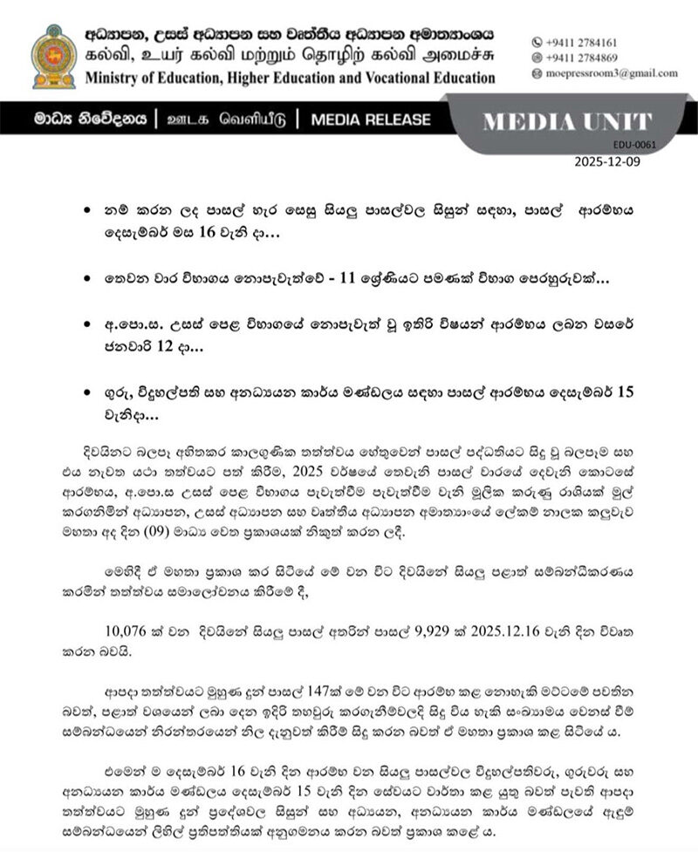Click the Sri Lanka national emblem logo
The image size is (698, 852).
53,56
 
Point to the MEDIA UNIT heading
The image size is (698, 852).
567,122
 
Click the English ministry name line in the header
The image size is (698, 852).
290,78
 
